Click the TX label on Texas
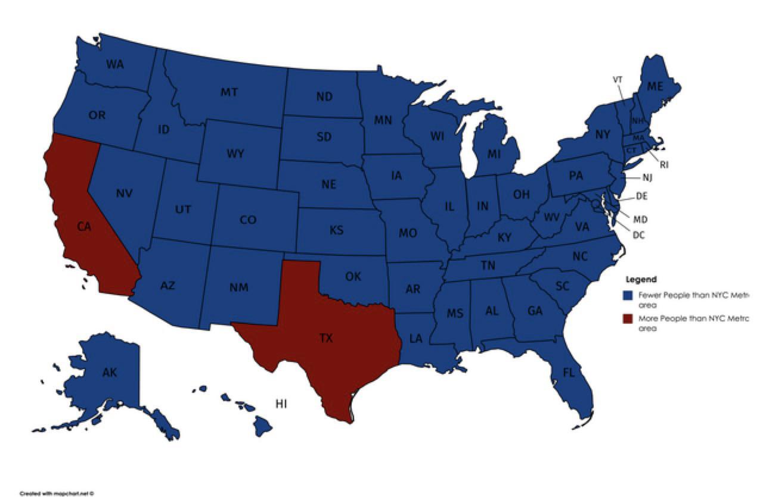pos(325,339)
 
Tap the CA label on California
pos(84,226)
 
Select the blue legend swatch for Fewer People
pos(626,295)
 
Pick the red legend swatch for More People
pos(626,319)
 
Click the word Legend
pos(641,279)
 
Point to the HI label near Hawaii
pos(281,404)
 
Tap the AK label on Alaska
pos(110,373)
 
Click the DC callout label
pos(638,235)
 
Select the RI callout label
pos(664,165)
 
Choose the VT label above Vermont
pos(618,79)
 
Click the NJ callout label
pos(647,177)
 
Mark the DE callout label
pos(642,196)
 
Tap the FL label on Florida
pos(569,373)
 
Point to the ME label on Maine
pos(655,86)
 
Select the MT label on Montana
pos(229,92)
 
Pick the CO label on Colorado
pos(248,220)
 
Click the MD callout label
pos(640,219)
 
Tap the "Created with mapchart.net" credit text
pos(57,493)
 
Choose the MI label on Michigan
pos(494,154)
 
